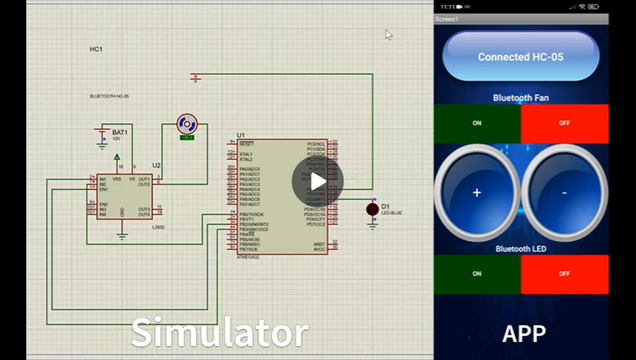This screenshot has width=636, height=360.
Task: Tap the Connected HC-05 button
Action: coord(521,57)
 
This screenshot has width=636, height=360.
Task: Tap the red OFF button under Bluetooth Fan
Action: coord(565,123)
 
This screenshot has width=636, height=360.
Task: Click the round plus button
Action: coord(476,192)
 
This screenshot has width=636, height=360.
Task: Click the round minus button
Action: coord(564,192)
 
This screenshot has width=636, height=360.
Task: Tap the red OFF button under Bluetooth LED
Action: coord(565,273)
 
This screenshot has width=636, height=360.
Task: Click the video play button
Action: coord(318,181)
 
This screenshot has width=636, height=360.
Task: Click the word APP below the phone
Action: coord(524,334)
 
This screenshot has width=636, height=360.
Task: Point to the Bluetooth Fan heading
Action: coord(521,98)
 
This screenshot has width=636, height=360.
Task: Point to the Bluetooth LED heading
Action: coord(521,249)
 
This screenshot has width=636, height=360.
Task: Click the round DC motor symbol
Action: coord(187,123)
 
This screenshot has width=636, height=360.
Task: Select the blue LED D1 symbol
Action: coord(372,209)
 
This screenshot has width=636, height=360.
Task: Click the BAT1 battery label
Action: coord(120,133)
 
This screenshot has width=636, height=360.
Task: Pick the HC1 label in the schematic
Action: coord(96,49)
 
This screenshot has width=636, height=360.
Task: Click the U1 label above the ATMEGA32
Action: coord(240,135)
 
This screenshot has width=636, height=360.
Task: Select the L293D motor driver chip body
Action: coord(124,195)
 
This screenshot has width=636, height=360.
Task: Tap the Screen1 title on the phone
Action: coord(447,18)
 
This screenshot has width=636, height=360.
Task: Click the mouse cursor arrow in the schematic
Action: coord(388,34)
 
